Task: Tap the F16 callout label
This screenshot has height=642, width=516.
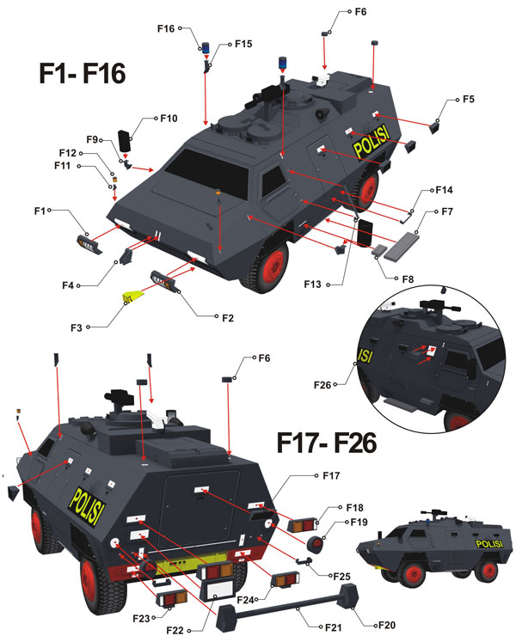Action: click(166, 28)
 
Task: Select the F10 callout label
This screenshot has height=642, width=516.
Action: click(168, 118)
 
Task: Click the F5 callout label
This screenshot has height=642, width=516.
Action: click(468, 99)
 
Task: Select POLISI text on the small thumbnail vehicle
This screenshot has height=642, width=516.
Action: click(488, 544)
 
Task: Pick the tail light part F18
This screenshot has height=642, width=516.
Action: click(303, 524)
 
